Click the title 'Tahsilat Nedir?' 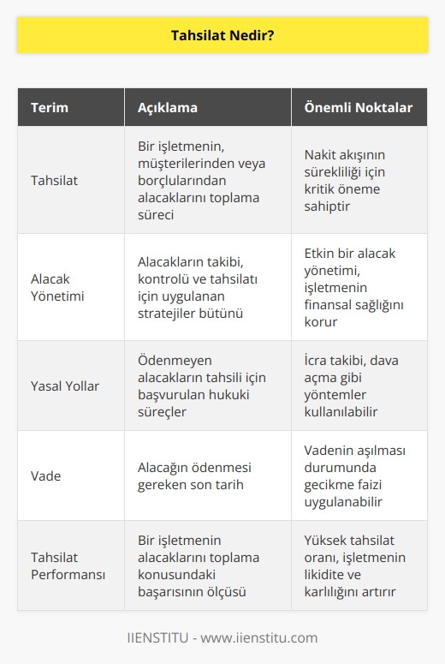pyautogui.click(x=222, y=36)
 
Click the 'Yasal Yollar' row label pyautogui.click(x=65, y=386)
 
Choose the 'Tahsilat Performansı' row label pyautogui.click(x=68, y=565)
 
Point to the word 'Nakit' pyautogui.click(x=322, y=155)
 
